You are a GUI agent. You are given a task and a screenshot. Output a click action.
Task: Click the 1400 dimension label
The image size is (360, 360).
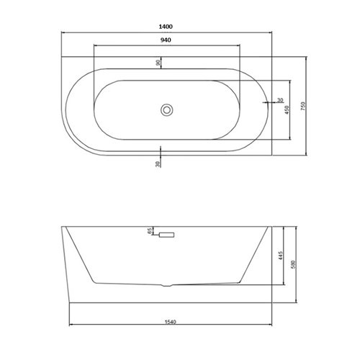[166, 27]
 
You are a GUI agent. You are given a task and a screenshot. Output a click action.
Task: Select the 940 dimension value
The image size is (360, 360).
[166, 40]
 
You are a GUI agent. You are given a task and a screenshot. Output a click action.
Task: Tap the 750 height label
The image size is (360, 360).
[303, 106]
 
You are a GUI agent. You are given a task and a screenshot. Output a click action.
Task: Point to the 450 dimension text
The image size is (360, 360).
[287, 109]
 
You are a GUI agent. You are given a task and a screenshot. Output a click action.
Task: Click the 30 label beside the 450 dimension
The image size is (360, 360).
[280, 100]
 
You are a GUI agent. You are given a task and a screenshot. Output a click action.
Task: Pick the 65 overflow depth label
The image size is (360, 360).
[150, 231]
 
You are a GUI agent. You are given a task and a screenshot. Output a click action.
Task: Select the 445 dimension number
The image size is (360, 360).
[281, 256]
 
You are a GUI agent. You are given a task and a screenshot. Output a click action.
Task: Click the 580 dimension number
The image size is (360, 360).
[293, 264]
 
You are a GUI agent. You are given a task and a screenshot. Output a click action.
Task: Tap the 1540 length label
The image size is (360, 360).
[171, 322]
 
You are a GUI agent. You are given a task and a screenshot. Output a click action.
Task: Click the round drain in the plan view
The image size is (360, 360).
[166, 110]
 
